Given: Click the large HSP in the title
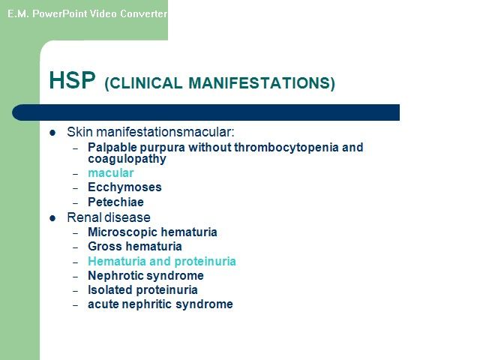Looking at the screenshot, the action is tap(72, 80).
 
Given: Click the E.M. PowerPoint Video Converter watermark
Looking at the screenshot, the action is tap(87, 13).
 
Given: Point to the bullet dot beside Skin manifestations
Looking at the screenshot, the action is tap(52, 133).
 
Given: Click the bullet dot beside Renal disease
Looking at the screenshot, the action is tap(52, 218).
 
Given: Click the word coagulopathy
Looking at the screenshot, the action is tap(127, 159).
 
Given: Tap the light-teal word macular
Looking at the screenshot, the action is tap(111, 173).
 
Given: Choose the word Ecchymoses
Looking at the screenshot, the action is tap(124, 187).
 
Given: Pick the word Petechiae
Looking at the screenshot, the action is tap(115, 202).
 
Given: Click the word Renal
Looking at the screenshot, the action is tap(84, 217).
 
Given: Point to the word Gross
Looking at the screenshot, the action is tap(105, 247).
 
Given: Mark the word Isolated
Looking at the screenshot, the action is tap(110, 290).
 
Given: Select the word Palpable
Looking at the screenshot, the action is tap(112, 148).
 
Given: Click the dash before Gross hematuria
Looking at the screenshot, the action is tap(76, 247).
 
